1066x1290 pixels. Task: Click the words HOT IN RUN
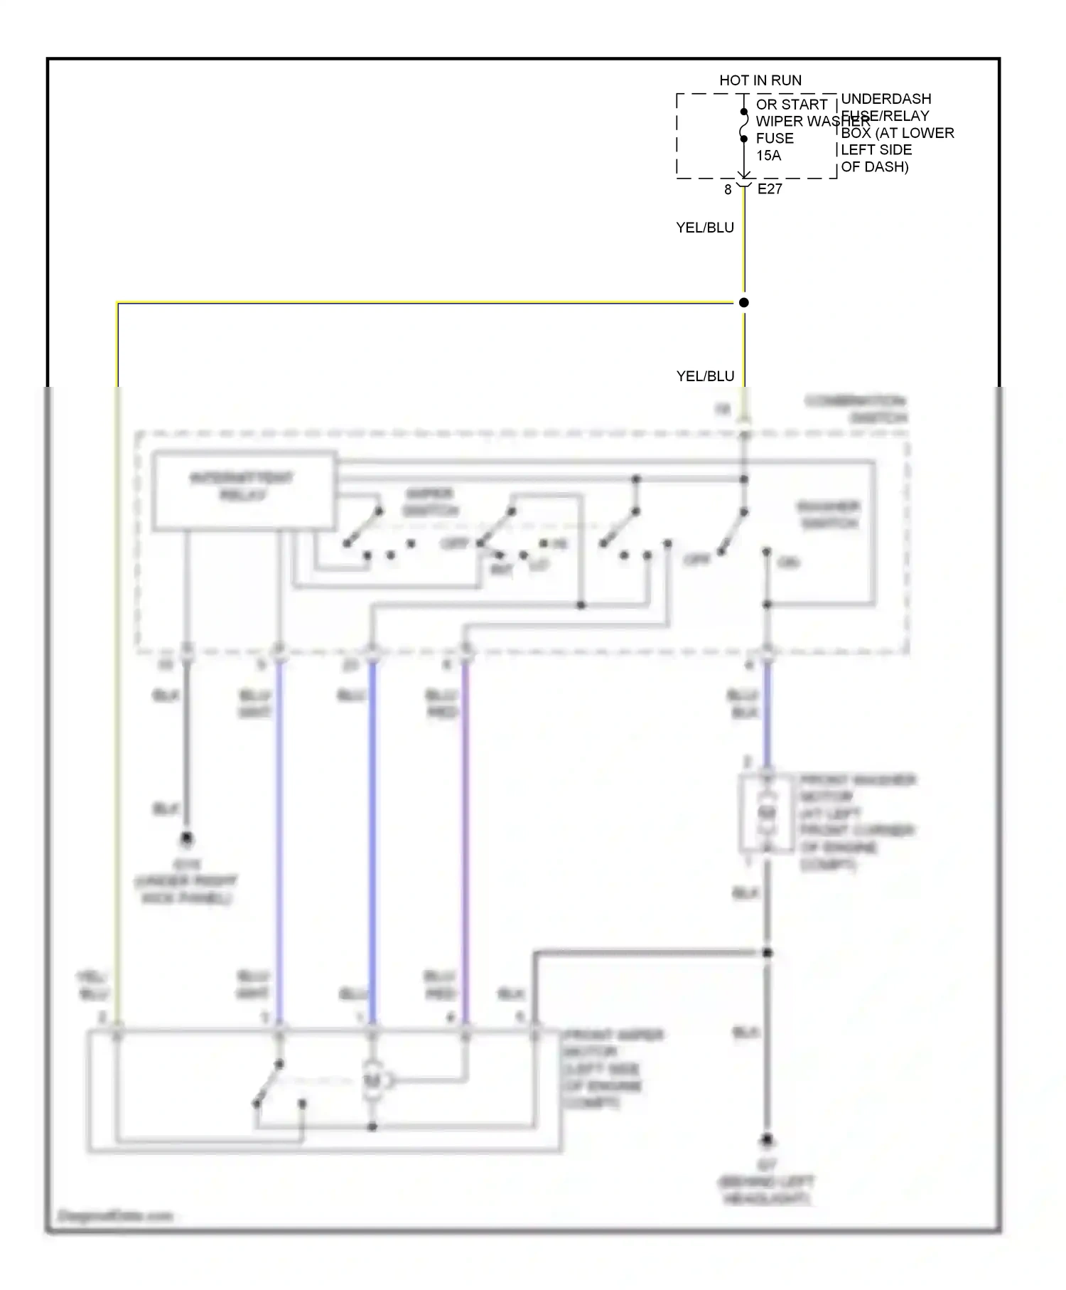760,80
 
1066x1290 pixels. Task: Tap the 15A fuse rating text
768,155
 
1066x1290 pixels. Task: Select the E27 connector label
770,189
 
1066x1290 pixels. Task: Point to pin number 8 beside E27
728,190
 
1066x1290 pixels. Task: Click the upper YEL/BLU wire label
704,228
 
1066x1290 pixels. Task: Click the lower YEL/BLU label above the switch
705,376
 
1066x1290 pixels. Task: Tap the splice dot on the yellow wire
743,302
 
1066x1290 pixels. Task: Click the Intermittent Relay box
244,491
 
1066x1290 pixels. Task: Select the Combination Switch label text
856,409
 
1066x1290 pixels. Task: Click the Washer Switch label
829,515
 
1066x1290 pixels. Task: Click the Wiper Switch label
431,502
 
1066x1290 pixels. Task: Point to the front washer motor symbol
766,813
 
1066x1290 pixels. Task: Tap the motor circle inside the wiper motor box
372,1081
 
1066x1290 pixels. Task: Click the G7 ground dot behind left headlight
767,1140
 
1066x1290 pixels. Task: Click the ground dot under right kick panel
186,839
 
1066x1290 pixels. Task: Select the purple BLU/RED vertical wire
465,839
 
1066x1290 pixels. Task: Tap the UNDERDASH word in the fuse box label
885,99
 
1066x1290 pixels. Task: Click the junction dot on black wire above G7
767,952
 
